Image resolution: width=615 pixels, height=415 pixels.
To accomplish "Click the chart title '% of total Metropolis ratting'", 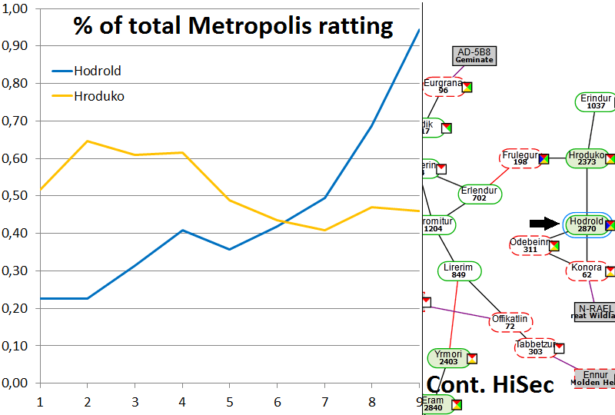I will tap(233, 26).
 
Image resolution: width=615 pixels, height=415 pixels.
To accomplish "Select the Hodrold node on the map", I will tap(587, 224).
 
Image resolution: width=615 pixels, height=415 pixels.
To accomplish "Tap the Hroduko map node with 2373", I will tap(587, 158).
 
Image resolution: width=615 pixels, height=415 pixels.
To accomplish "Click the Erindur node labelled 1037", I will tap(596, 102).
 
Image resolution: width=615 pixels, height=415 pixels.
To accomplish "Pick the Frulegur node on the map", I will tap(520, 158).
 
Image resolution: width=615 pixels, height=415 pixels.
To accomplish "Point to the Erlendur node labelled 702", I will tap(480, 194).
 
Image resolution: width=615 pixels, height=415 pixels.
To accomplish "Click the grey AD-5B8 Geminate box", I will tap(474, 55).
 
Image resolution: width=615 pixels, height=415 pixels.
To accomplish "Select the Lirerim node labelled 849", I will tap(459, 271).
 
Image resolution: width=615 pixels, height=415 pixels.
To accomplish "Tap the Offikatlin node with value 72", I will tap(510, 322).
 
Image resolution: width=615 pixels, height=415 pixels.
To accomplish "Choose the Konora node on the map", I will tap(587, 271).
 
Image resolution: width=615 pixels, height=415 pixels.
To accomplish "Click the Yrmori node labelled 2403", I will tap(447, 358).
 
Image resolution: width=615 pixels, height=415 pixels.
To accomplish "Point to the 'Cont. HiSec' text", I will tap(490, 385).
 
